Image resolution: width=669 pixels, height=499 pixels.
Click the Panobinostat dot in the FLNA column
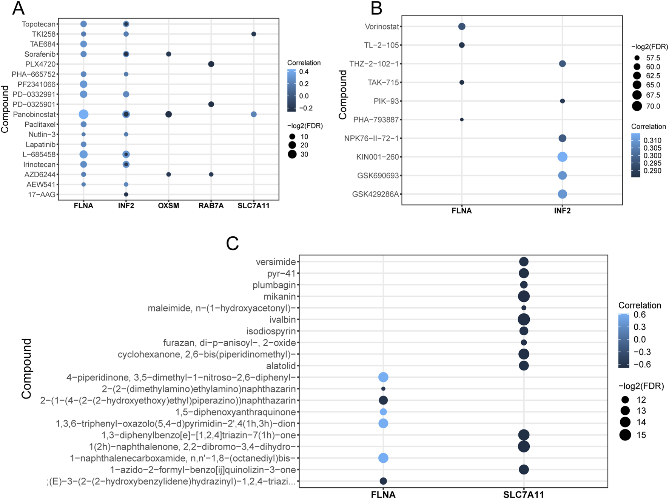[x=83, y=114]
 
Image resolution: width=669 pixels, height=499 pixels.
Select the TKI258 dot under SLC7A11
[x=254, y=34]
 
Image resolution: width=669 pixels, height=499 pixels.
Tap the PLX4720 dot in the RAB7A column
[x=211, y=64]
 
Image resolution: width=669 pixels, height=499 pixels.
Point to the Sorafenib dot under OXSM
[x=169, y=54]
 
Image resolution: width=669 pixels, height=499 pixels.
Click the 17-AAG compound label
[x=42, y=195]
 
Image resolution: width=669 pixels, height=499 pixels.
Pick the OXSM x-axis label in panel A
[x=169, y=206]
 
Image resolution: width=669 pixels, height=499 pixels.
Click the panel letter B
[x=376, y=8]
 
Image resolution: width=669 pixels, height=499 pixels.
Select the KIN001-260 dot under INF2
[x=562, y=157]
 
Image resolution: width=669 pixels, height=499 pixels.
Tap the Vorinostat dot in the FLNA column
[x=462, y=26]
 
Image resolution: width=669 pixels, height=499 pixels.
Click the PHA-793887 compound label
[x=376, y=120]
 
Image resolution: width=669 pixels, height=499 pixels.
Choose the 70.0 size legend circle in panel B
[x=637, y=106]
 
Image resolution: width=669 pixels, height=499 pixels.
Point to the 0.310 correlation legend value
[x=652, y=141]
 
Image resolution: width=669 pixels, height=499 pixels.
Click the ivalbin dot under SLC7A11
[x=524, y=319]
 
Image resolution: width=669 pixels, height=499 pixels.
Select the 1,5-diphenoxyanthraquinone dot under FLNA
[x=383, y=412]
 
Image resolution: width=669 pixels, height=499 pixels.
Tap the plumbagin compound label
[x=274, y=285]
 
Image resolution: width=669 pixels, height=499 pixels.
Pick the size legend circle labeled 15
[x=625, y=435]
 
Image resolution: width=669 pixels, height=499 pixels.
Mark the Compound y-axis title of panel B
[x=343, y=95]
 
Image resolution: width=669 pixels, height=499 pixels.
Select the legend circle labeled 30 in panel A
[x=292, y=154]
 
